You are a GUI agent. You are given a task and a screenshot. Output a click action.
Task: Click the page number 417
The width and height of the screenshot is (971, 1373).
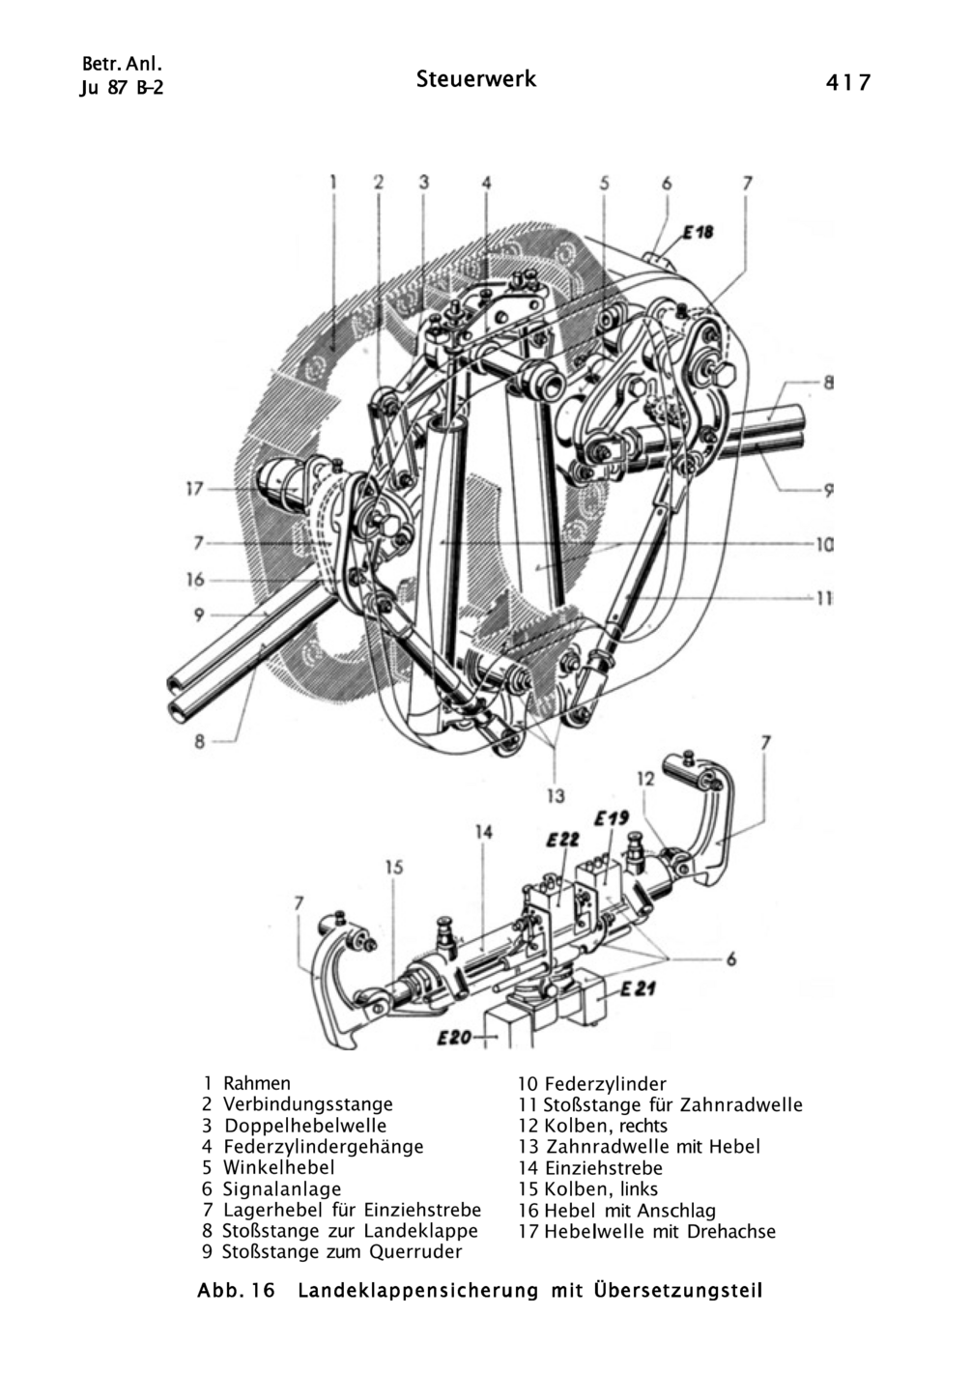click(x=847, y=82)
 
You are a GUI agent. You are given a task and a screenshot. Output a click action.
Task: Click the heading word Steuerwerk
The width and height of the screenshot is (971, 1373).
click(x=476, y=79)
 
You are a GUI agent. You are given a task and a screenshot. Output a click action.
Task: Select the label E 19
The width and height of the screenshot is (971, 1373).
click(x=612, y=820)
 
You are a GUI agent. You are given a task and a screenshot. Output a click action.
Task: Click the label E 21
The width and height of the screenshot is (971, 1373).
click(x=638, y=988)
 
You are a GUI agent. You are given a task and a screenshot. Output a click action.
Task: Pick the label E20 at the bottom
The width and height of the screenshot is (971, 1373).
click(x=454, y=1038)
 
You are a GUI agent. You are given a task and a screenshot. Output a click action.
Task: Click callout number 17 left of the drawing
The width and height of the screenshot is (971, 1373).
click(x=194, y=489)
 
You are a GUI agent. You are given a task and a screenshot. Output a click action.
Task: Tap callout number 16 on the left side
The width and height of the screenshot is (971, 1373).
click(x=195, y=579)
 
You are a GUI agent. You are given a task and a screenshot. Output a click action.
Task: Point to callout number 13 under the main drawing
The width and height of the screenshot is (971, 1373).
click(x=556, y=795)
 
